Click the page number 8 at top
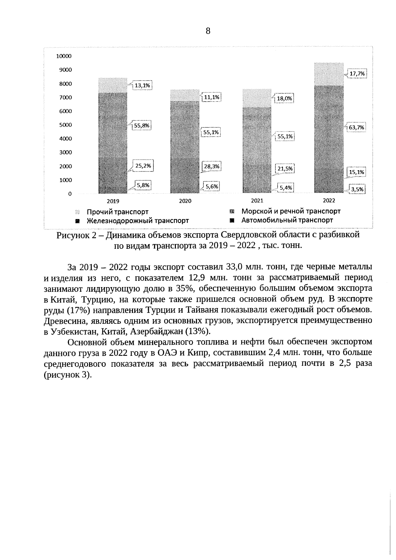pos(208,31)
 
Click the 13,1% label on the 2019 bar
pos(142,86)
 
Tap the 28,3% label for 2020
pos(211,167)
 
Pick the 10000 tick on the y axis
pos(64,56)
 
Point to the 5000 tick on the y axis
pos(65,125)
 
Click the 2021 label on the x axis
pos(257,200)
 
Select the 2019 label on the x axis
pos(113,201)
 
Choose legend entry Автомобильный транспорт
pos(287,220)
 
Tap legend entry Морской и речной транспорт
pos(291,211)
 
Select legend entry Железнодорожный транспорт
pos(138,221)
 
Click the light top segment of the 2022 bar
pos(329,74)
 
